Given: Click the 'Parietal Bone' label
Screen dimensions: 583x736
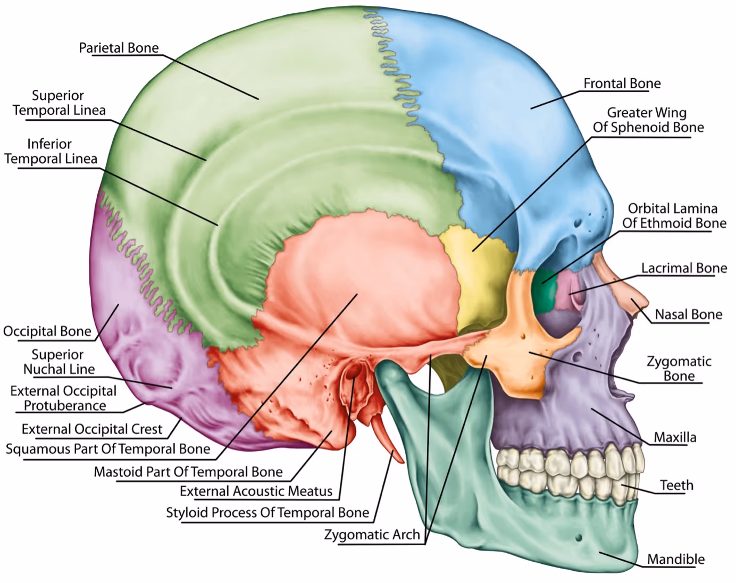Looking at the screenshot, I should click(x=119, y=48).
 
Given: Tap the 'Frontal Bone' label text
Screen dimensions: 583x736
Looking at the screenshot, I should click(x=622, y=84).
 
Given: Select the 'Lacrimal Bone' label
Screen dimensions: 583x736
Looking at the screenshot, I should click(x=683, y=268).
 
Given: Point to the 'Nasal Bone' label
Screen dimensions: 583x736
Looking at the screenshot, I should click(x=688, y=314).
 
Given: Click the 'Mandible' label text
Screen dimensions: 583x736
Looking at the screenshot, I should click(x=675, y=559).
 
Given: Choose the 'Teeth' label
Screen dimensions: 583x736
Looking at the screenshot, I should click(x=676, y=485).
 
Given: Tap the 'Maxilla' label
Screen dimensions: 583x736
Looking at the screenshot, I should click(x=674, y=437).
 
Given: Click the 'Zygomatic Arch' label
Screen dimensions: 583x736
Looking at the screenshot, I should click(x=372, y=535).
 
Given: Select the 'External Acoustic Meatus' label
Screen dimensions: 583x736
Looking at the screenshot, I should click(x=256, y=491).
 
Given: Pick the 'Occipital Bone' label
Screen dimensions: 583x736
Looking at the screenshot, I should click(x=47, y=331).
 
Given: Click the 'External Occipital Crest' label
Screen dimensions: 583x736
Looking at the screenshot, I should click(x=92, y=429).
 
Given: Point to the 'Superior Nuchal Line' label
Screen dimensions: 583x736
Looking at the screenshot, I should click(x=58, y=362).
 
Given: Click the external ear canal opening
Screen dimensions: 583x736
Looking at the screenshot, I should click(x=352, y=374).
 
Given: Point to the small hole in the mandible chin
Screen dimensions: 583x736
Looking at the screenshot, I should click(x=579, y=538).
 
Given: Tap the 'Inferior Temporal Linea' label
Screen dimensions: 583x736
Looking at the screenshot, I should click(x=51, y=151).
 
